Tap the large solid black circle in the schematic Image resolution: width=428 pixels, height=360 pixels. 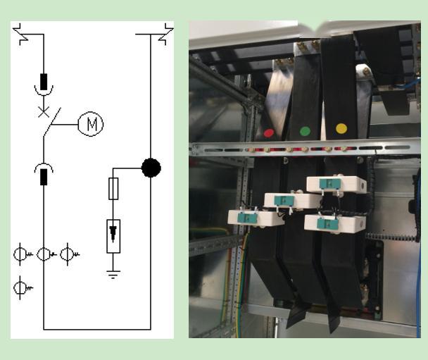151,168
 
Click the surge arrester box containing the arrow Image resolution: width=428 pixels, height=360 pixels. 113,235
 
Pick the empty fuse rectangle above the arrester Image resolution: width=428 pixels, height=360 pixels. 113,189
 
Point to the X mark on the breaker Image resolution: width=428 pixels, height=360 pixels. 44,111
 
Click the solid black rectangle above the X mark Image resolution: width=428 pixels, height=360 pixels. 44,80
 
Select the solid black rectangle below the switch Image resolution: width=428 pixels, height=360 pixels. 44,176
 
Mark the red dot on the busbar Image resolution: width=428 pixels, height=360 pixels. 268,132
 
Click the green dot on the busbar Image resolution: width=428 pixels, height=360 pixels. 305,130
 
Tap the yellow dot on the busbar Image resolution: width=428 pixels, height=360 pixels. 341,128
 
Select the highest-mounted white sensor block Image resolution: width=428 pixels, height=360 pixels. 336,185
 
